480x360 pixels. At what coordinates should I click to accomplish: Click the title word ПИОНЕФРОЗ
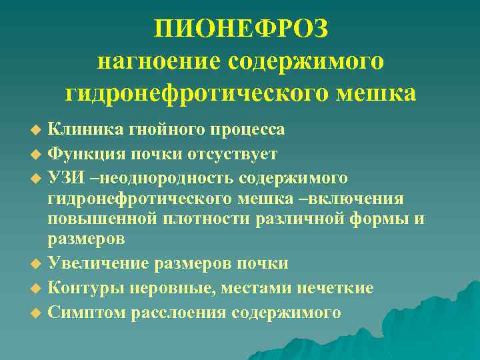[241, 30]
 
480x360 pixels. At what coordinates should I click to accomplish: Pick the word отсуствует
[233, 154]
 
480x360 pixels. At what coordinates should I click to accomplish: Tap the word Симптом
[85, 312]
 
